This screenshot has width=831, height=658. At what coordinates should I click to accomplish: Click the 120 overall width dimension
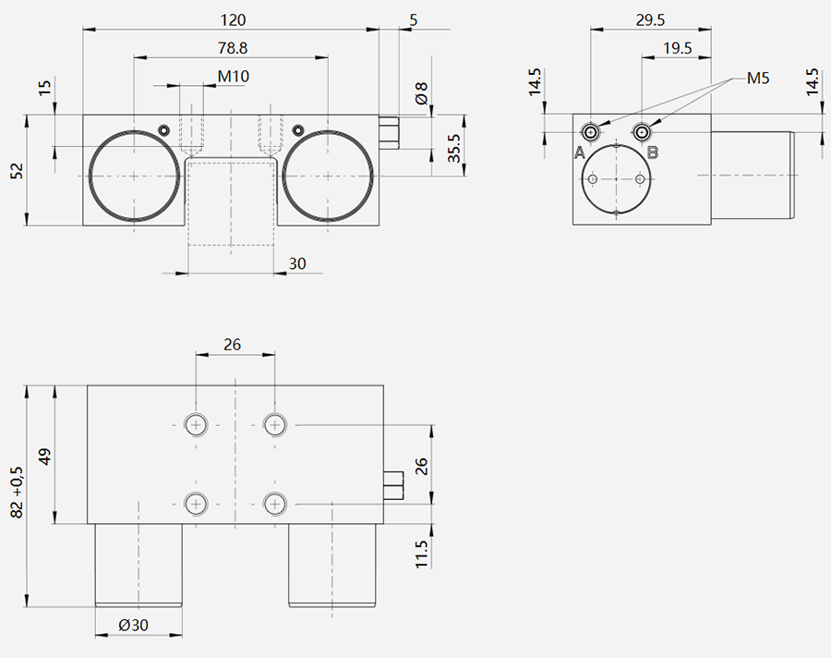point(234,20)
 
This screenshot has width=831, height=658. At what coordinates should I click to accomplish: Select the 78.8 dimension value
point(233,48)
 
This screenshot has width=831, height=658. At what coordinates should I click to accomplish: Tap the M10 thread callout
point(234,77)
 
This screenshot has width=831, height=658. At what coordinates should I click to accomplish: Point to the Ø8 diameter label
point(421,92)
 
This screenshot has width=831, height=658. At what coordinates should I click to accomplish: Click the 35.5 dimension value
point(454,148)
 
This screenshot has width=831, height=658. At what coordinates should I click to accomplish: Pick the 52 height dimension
point(17,171)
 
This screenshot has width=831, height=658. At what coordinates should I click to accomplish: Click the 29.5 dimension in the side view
point(650,20)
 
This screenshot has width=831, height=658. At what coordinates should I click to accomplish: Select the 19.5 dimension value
point(678,48)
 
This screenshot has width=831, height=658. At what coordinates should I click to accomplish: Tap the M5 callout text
point(758,79)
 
